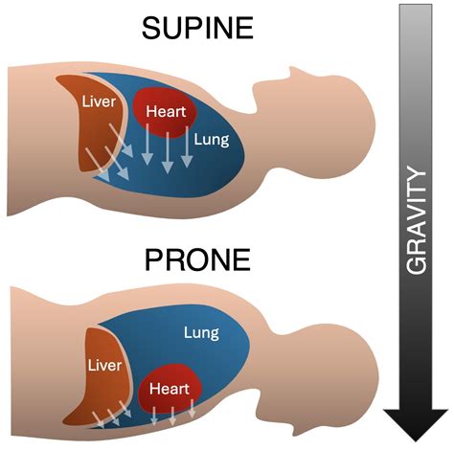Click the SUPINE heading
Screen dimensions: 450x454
click(197, 28)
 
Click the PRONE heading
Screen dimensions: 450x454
click(197, 259)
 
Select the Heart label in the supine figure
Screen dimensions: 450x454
click(165, 111)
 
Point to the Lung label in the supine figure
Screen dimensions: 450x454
click(211, 140)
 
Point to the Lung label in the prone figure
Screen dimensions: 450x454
click(201, 333)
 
